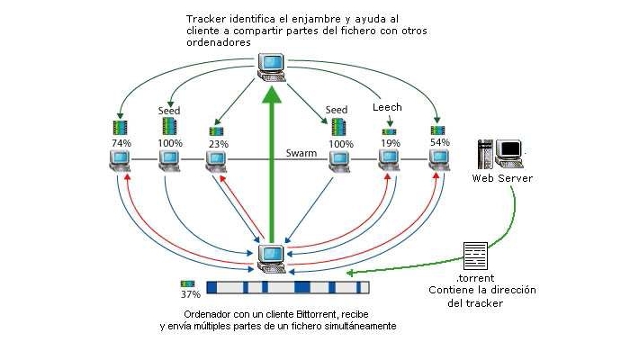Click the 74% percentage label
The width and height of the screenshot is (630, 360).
point(121,142)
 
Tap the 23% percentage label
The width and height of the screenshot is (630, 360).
point(216,142)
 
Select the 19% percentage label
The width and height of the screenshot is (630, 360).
point(390,142)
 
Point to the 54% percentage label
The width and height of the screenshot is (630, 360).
point(440,142)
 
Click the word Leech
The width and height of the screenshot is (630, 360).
point(387,107)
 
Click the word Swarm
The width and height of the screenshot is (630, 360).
point(301,153)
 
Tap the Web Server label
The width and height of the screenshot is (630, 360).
point(502,178)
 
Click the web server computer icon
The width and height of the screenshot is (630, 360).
point(500,153)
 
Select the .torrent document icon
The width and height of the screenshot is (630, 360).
point(474,254)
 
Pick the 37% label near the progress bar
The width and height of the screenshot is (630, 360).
point(190,294)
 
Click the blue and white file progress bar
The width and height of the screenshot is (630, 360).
point(288,288)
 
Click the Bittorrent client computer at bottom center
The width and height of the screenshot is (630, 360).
point(271,257)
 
